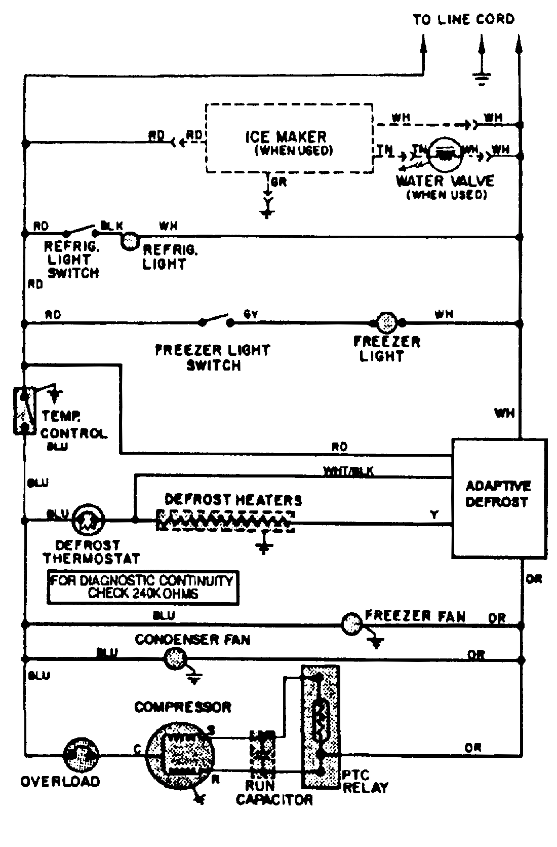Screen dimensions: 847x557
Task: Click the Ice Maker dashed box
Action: [289, 139]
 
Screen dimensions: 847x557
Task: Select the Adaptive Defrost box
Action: [499, 498]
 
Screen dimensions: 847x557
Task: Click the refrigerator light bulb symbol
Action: [130, 241]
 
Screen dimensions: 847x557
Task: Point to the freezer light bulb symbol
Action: [388, 321]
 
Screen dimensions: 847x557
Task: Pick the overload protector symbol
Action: [81, 755]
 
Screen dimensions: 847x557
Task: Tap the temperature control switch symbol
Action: [23, 411]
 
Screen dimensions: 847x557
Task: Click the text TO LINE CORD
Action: [463, 20]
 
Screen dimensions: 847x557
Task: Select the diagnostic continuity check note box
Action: [143, 587]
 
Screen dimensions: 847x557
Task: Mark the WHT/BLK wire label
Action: [348, 471]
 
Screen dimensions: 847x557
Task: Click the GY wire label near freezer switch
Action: [251, 315]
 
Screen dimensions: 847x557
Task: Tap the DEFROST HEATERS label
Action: [233, 500]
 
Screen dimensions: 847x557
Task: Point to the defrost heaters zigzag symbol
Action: [225, 521]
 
